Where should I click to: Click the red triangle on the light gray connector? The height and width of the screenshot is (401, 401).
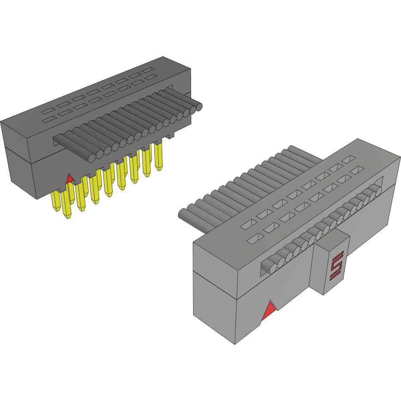pyautogui.click(x=269, y=311)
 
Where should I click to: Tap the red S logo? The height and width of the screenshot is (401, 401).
pyautogui.click(x=336, y=265)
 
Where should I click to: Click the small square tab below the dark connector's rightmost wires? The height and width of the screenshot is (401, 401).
pyautogui.click(x=172, y=136)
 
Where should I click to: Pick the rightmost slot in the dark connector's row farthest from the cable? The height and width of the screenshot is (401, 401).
pyautogui.click(x=148, y=70)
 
